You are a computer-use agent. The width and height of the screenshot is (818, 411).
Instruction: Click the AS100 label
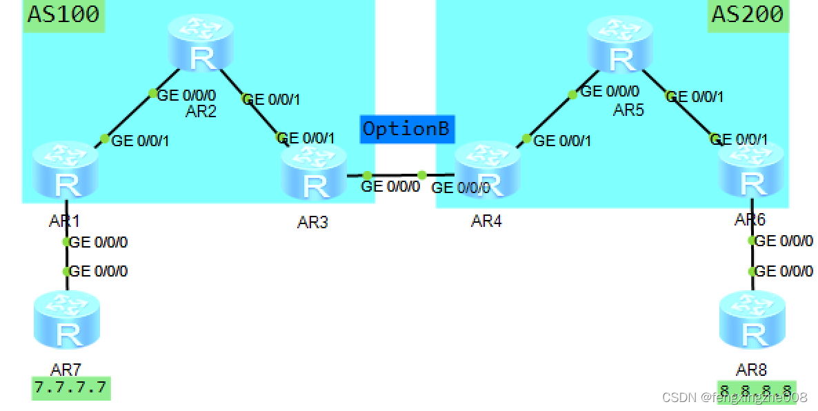click(x=63, y=14)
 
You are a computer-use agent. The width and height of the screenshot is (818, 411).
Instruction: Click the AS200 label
click(x=748, y=14)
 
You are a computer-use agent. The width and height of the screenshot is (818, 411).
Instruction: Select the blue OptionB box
click(x=406, y=129)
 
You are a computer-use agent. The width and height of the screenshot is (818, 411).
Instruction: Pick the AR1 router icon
click(x=66, y=169)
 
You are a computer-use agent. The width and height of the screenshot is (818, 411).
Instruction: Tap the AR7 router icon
click(x=66, y=319)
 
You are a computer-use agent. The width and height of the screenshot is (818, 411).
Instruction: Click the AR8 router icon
click(x=752, y=320)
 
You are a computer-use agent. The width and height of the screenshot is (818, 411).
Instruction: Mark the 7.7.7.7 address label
click(x=71, y=388)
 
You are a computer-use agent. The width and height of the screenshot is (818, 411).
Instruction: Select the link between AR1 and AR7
click(x=66, y=257)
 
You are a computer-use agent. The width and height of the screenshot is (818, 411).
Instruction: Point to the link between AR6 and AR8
click(x=752, y=257)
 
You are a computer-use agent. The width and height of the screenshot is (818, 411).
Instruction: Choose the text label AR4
click(x=486, y=221)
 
